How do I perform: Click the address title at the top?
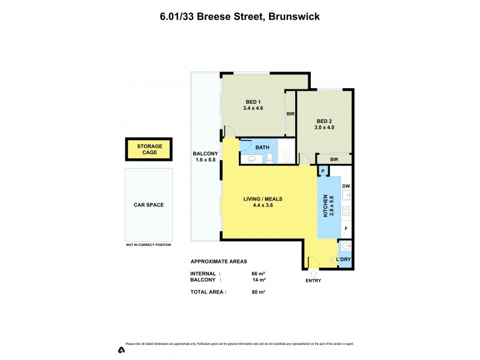(x=239, y=16)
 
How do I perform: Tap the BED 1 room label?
(x=253, y=104)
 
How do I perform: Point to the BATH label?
(x=262, y=147)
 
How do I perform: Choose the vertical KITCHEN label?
(x=325, y=206)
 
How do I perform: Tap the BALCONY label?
(x=206, y=157)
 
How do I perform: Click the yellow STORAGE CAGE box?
(x=148, y=149)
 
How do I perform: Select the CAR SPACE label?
(x=148, y=205)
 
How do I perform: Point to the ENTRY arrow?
(x=313, y=274)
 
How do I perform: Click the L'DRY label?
(x=343, y=259)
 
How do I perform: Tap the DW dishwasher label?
(x=346, y=186)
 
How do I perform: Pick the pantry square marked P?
(x=323, y=172)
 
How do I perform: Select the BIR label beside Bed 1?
(x=290, y=113)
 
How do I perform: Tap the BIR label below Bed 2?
(x=334, y=159)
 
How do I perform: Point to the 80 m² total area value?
(x=259, y=292)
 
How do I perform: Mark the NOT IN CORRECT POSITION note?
(x=148, y=245)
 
